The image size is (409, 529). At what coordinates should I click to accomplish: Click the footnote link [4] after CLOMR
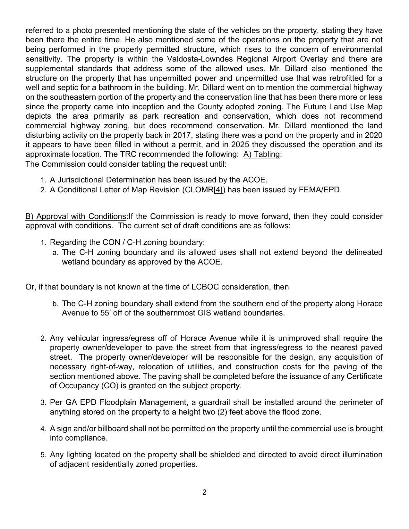tap(218, 190)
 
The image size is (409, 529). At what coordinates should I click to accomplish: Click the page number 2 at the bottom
tap(204, 492)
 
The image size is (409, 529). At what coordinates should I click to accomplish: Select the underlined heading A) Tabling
tap(262, 154)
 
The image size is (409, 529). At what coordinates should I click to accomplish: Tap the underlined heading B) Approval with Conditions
tap(76, 216)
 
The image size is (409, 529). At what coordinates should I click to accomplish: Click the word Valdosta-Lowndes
tap(197, 59)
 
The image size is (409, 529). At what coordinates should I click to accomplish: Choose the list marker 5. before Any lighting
tap(44, 455)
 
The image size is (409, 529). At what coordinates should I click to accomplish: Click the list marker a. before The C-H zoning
tap(55, 253)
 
